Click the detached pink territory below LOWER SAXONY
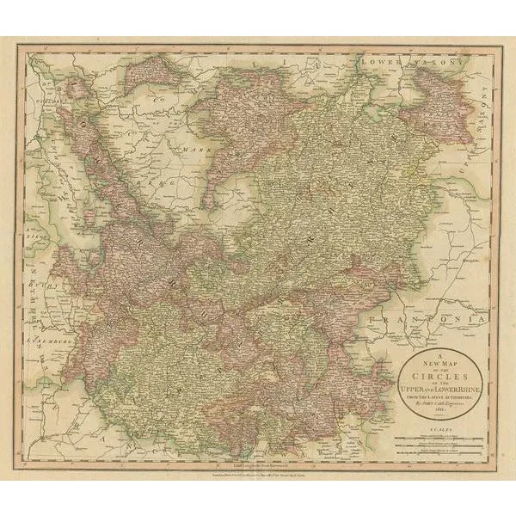tap(437, 86)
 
